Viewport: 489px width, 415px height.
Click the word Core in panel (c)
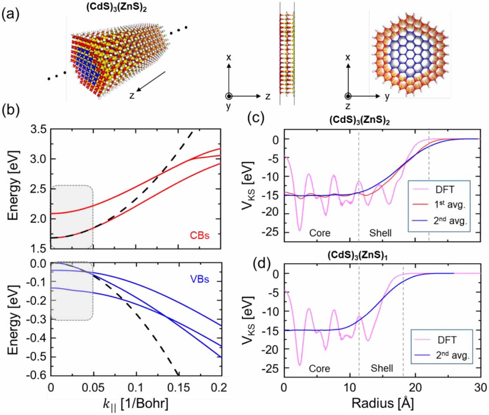coord(319,233)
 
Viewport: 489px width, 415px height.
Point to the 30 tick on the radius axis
coord(480,387)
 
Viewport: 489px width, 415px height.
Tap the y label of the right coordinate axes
coord(386,96)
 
